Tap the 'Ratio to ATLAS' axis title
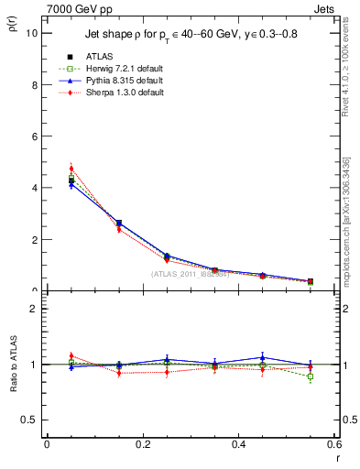pyautogui.click(x=12, y=365)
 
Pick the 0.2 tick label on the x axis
pyautogui.click(x=142, y=445)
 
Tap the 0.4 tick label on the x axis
pyautogui.click(x=238, y=445)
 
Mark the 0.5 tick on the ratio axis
pyautogui.click(x=29, y=420)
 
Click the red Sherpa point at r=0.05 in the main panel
pyautogui.click(x=71, y=169)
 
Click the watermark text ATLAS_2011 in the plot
pyautogui.click(x=189, y=274)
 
